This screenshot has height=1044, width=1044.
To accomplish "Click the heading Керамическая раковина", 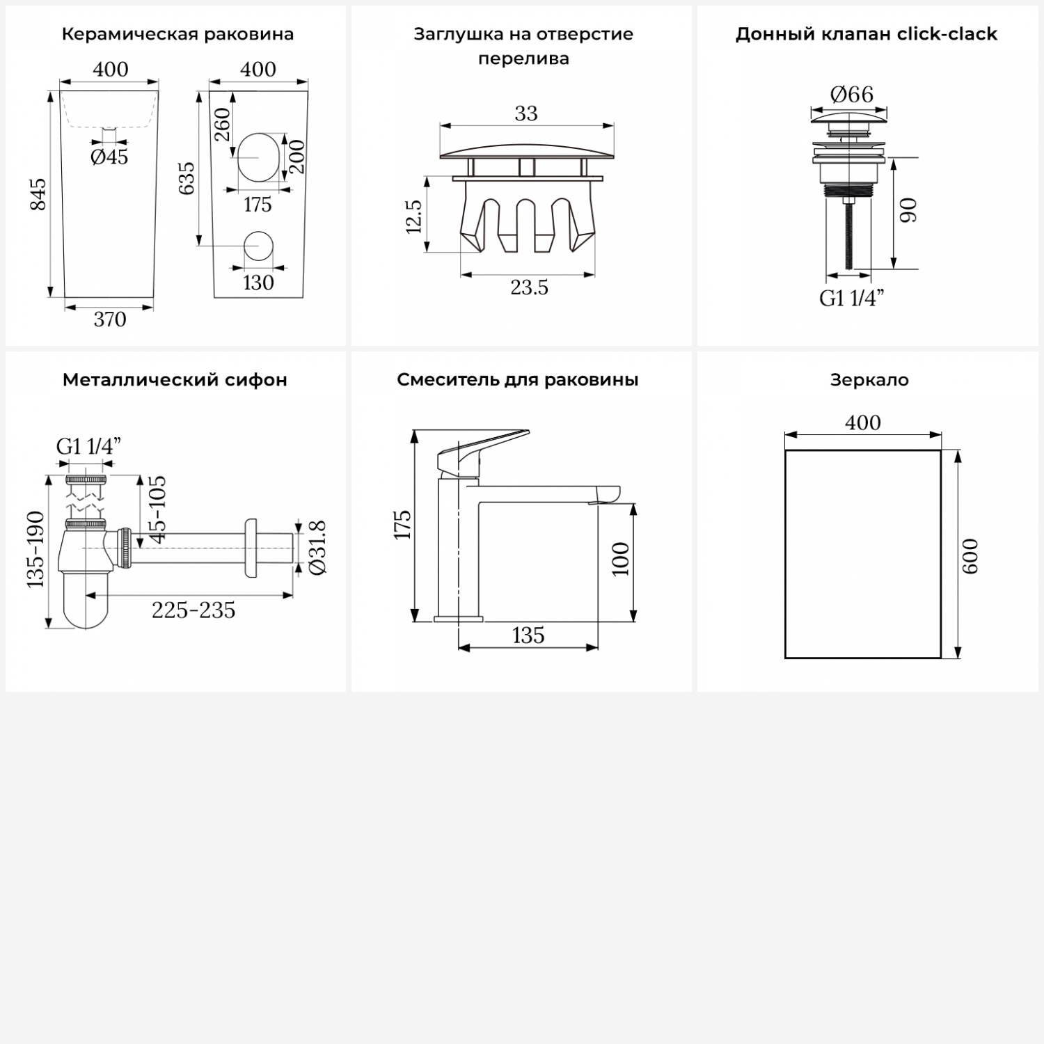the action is [177, 34].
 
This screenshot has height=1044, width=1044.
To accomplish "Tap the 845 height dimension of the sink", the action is [38, 194].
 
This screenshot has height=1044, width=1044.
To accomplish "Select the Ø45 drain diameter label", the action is [109, 157].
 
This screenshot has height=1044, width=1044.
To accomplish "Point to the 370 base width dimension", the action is [110, 319].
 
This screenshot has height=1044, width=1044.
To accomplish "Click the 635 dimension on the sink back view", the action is [187, 178].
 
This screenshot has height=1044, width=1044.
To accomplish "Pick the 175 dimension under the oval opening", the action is [258, 205].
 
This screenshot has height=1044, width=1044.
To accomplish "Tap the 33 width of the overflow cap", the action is [526, 113].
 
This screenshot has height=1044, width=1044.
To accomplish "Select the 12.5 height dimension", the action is [413, 216].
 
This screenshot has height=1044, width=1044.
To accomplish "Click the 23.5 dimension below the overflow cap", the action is [530, 287].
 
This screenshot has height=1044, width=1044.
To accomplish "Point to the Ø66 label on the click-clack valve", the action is [852, 94].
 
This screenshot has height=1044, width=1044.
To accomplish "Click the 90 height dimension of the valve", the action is [909, 210].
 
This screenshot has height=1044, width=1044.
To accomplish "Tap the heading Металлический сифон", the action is [175, 380].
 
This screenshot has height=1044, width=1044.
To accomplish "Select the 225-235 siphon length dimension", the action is [193, 610].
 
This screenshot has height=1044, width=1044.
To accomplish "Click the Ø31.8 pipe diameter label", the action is [317, 548].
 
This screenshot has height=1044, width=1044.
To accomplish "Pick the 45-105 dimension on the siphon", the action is [157, 509].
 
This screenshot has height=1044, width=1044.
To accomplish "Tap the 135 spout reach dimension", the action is [528, 635].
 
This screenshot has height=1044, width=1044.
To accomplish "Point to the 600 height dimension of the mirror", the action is [970, 556].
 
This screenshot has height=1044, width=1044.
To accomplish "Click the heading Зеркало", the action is [869, 380].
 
